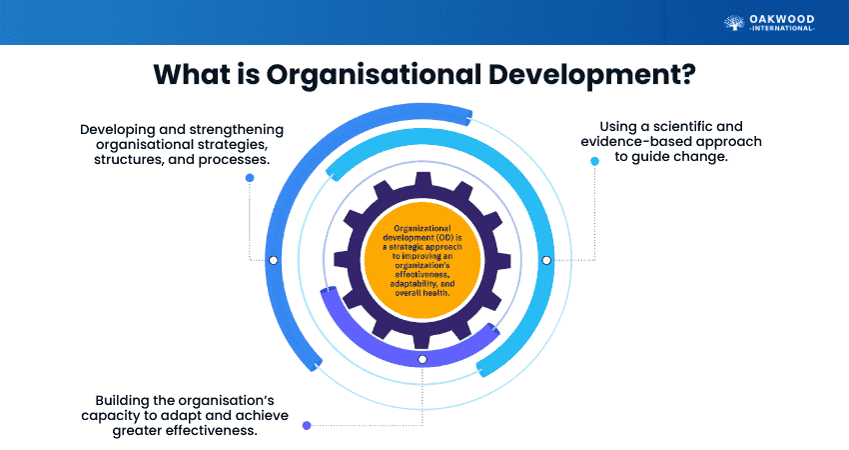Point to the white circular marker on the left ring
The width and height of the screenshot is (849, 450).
273,260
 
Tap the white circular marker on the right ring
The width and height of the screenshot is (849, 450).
545,260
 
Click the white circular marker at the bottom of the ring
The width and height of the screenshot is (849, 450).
422,358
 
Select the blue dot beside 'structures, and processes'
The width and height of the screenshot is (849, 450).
250,178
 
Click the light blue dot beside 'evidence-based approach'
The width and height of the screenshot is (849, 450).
594,160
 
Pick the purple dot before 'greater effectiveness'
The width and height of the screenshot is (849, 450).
307,425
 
